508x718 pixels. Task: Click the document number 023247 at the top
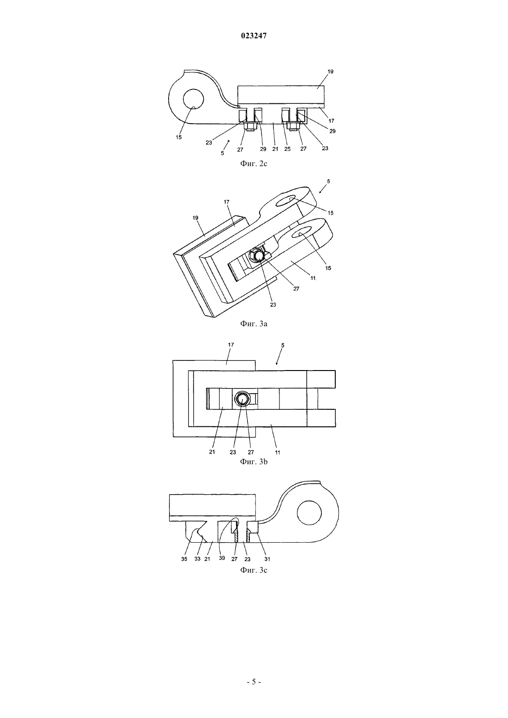point(254,36)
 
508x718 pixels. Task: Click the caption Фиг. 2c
point(254,163)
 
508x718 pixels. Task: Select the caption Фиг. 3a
point(254,323)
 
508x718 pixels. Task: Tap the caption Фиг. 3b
point(254,461)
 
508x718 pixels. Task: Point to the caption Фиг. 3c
point(254,570)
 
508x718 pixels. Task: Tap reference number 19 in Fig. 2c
point(330,72)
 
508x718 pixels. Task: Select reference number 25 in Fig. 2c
point(287,149)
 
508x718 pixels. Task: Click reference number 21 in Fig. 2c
point(275,149)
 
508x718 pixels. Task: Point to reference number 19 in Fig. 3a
point(195,218)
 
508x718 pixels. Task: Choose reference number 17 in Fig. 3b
point(231,345)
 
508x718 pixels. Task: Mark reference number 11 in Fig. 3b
point(278,452)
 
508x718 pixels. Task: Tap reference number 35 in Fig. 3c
point(184,559)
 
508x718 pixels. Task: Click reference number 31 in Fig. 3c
point(267,559)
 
